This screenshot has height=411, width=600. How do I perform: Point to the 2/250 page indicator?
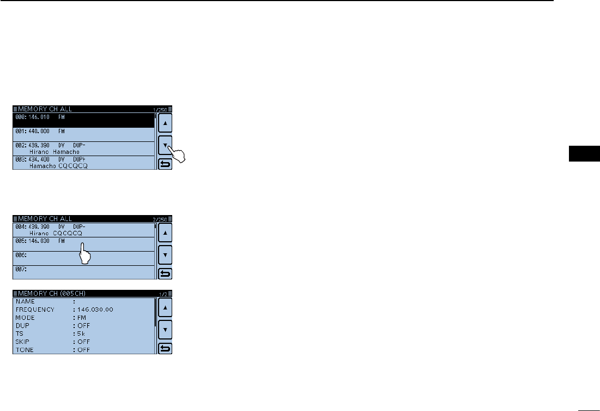(x=162, y=219)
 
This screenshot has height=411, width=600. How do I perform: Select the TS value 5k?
(x=81, y=333)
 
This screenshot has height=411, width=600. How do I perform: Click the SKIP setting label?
(x=24, y=341)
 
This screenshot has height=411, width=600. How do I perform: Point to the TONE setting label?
(x=25, y=349)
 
